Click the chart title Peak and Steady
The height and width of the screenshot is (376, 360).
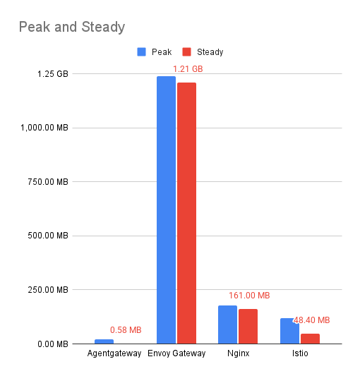click(71, 28)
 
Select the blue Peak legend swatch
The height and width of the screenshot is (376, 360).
click(141, 51)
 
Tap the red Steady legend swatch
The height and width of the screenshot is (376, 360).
click(187, 51)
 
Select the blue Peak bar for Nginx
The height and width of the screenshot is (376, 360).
click(227, 325)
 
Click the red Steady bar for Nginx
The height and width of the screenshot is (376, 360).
click(248, 327)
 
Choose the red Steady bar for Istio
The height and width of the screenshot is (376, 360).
click(310, 339)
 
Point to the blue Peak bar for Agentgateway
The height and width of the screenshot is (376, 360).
click(104, 341)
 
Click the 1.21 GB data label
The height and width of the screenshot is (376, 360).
click(188, 69)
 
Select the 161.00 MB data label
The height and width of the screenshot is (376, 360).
click(249, 296)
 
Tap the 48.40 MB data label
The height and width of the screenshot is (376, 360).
click(311, 320)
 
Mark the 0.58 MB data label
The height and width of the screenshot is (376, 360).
click(126, 330)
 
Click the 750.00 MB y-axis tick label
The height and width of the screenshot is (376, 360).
click(44, 182)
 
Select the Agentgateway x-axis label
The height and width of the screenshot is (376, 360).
click(114, 353)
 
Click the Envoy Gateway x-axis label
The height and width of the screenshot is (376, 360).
click(176, 353)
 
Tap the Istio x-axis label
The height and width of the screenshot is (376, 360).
click(299, 353)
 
